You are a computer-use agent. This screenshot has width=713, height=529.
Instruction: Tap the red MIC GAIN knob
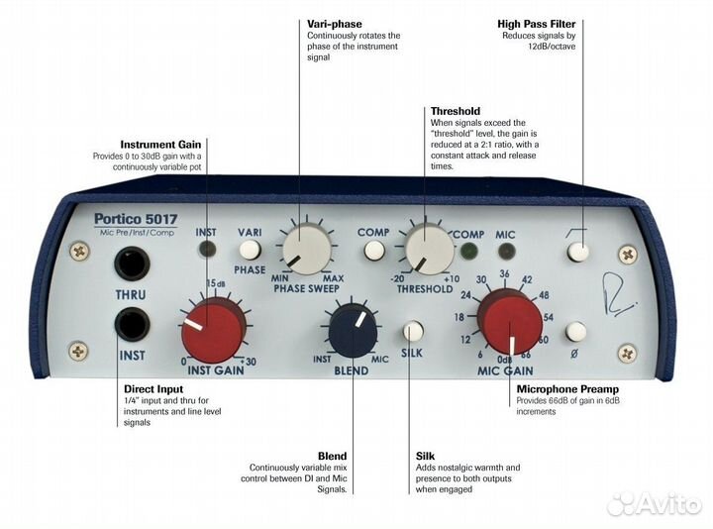point(509,323)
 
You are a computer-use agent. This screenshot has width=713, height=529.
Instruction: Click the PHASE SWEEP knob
point(307,249)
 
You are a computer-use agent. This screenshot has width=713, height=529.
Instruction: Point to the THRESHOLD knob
point(429,249)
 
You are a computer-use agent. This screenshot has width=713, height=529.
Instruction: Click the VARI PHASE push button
point(250,250)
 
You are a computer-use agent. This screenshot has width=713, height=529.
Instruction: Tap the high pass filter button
point(578,252)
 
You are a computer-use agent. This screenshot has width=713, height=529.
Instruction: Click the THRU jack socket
point(133,263)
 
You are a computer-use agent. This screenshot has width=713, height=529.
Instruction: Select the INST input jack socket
point(133,324)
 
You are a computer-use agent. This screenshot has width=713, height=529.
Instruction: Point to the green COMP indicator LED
point(468,251)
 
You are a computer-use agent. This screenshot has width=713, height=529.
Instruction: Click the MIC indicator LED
point(506,251)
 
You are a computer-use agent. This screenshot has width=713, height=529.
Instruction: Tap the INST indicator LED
point(207,249)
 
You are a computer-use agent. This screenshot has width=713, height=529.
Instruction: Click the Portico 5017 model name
point(136,219)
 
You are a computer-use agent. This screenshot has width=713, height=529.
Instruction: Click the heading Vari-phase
point(335,24)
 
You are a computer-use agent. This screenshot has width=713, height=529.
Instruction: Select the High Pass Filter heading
point(536,24)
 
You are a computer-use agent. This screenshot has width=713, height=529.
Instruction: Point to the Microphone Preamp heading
point(567,389)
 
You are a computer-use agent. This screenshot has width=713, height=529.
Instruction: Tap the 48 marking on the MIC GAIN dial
point(544,295)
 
